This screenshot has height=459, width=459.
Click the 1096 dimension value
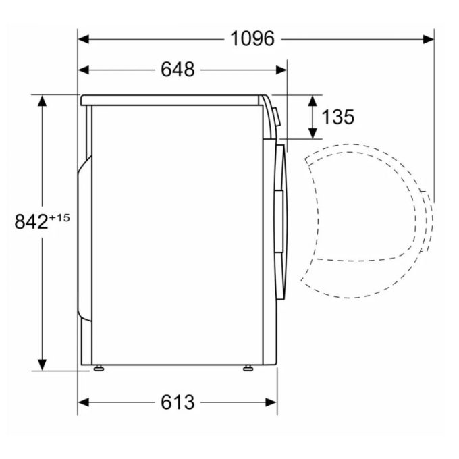[x=252, y=39]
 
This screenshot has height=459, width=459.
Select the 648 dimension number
[x=178, y=69]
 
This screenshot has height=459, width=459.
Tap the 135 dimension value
[x=337, y=117]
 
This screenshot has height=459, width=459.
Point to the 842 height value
[x=31, y=221]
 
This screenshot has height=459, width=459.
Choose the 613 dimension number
[x=177, y=402]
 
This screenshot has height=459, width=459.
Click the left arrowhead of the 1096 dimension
[x=84, y=39]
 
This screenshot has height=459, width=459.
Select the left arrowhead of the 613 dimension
[x=84, y=402]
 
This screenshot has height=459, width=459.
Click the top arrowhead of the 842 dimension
[x=43, y=101]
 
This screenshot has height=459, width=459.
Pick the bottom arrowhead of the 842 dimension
[x=43, y=364]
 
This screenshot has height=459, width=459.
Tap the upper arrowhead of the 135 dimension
[x=314, y=100]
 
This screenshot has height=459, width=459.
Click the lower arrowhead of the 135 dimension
[x=314, y=132]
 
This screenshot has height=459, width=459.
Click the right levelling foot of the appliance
[x=248, y=368]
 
